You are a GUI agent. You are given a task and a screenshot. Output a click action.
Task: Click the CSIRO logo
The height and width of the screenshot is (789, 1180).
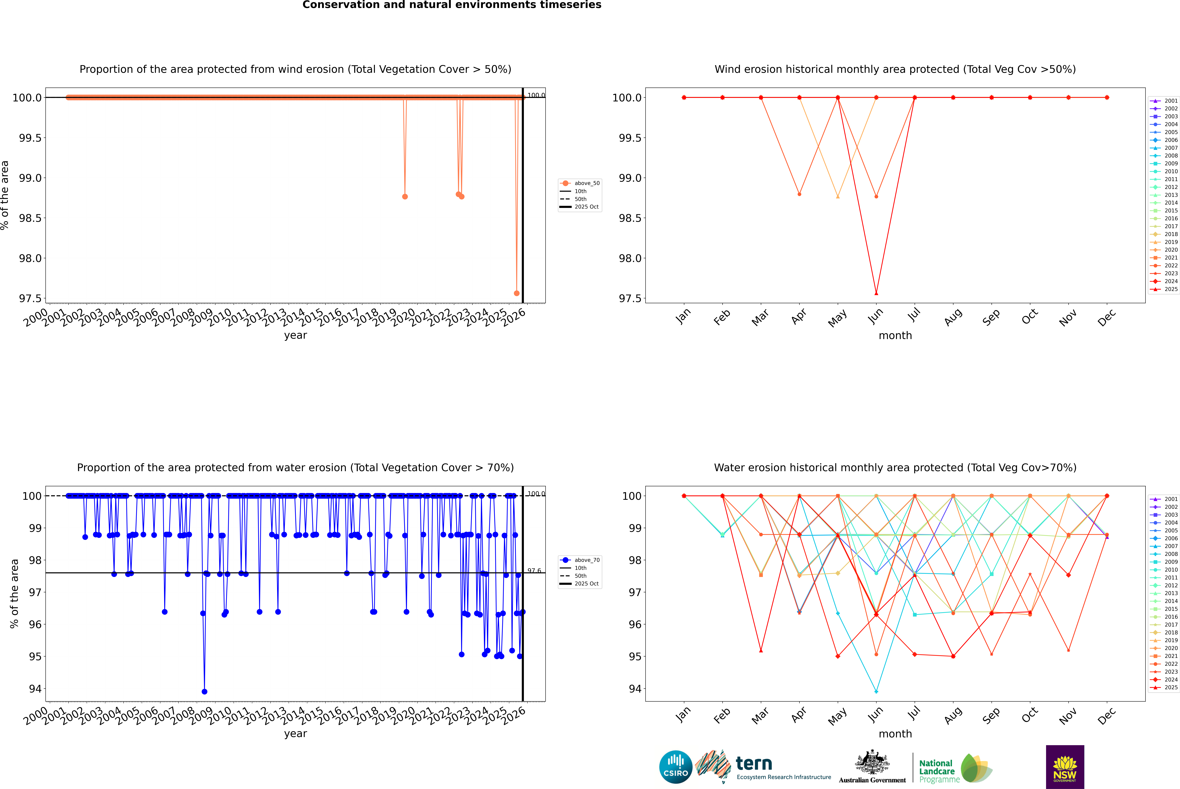[x=676, y=767]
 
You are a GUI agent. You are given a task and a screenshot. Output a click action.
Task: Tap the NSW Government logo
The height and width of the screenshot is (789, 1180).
[x=1065, y=767]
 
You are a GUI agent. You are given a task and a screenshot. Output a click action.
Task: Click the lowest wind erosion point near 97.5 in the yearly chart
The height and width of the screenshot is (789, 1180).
[x=517, y=293]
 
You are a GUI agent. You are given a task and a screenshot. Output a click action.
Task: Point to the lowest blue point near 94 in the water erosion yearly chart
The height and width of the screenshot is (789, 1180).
[x=204, y=691]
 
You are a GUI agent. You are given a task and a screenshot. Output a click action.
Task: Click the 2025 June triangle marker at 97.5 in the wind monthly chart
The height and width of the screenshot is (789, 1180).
[x=876, y=293]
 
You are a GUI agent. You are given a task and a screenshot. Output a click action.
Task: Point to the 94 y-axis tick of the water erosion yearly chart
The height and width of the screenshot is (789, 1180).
[x=35, y=689]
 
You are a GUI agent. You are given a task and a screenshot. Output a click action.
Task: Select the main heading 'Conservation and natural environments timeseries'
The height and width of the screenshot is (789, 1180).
[x=452, y=5]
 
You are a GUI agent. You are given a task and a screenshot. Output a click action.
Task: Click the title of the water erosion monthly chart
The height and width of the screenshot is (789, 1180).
[x=895, y=467]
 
